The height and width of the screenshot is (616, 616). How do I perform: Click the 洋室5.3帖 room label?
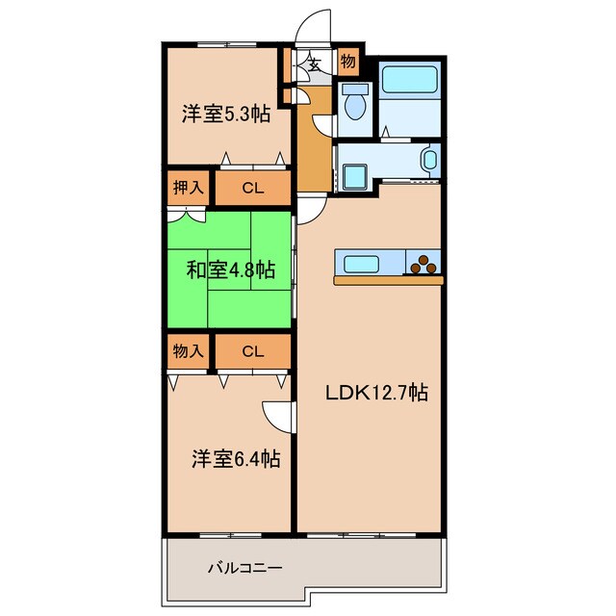tap(225, 114)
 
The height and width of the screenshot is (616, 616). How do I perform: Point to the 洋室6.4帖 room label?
tap(234, 460)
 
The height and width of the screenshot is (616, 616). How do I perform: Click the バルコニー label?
tap(245, 568)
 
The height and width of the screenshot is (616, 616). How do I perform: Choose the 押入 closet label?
tap(188, 188)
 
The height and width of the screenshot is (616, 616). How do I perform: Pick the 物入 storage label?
tap(188, 350)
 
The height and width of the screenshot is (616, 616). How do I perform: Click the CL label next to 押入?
tap(252, 189)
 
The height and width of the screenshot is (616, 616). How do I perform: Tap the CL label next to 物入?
tap(252, 351)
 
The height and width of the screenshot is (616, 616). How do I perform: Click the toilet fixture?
tap(355, 102)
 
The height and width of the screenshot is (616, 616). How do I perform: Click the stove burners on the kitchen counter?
tap(424, 262)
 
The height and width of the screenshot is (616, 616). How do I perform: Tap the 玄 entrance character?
tap(314, 64)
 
